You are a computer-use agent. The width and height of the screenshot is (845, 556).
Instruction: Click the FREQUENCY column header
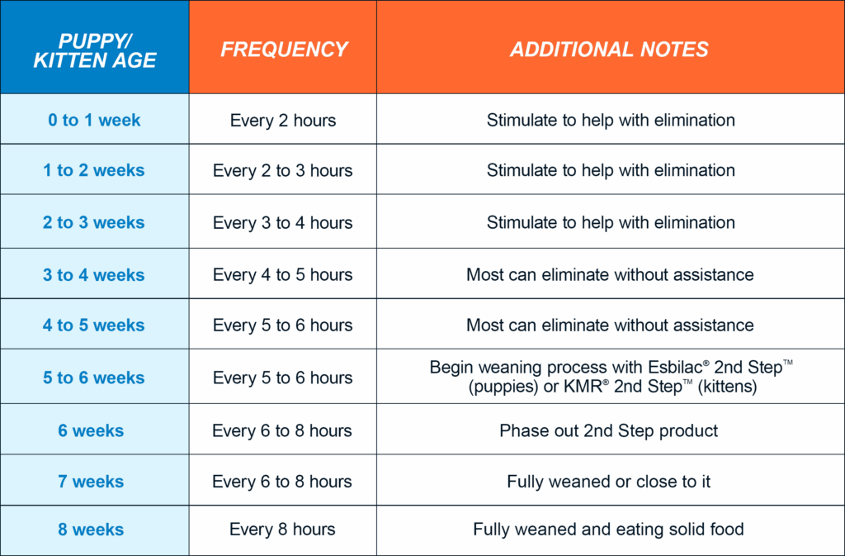(284, 49)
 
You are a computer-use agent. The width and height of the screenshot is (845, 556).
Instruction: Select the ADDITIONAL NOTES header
(609, 49)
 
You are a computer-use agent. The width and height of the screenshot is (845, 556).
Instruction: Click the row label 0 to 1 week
(94, 120)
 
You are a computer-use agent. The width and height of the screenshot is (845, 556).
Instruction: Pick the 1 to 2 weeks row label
(94, 170)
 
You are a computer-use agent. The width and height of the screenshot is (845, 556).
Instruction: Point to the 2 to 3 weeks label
(94, 222)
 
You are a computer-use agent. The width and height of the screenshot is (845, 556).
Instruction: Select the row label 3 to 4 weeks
(94, 275)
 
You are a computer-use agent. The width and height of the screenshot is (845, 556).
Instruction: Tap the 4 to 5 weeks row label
(94, 326)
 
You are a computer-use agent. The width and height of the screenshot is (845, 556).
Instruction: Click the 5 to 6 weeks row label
(94, 378)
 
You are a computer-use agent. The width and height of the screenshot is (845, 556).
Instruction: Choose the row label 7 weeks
(91, 481)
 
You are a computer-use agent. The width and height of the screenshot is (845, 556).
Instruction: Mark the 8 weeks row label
(91, 530)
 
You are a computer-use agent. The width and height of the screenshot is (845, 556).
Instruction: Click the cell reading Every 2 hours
(283, 120)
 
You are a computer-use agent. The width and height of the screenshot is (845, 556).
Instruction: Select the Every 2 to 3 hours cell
(283, 170)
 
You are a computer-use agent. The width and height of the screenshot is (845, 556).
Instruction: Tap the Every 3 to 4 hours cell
(283, 222)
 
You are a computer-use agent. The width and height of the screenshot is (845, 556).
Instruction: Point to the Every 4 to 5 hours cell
(283, 274)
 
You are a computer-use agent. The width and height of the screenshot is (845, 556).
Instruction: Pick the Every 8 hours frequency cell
(282, 529)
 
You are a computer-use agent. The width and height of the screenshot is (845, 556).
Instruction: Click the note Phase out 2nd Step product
(609, 431)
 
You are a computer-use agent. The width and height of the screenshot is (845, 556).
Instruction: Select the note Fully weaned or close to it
(609, 481)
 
